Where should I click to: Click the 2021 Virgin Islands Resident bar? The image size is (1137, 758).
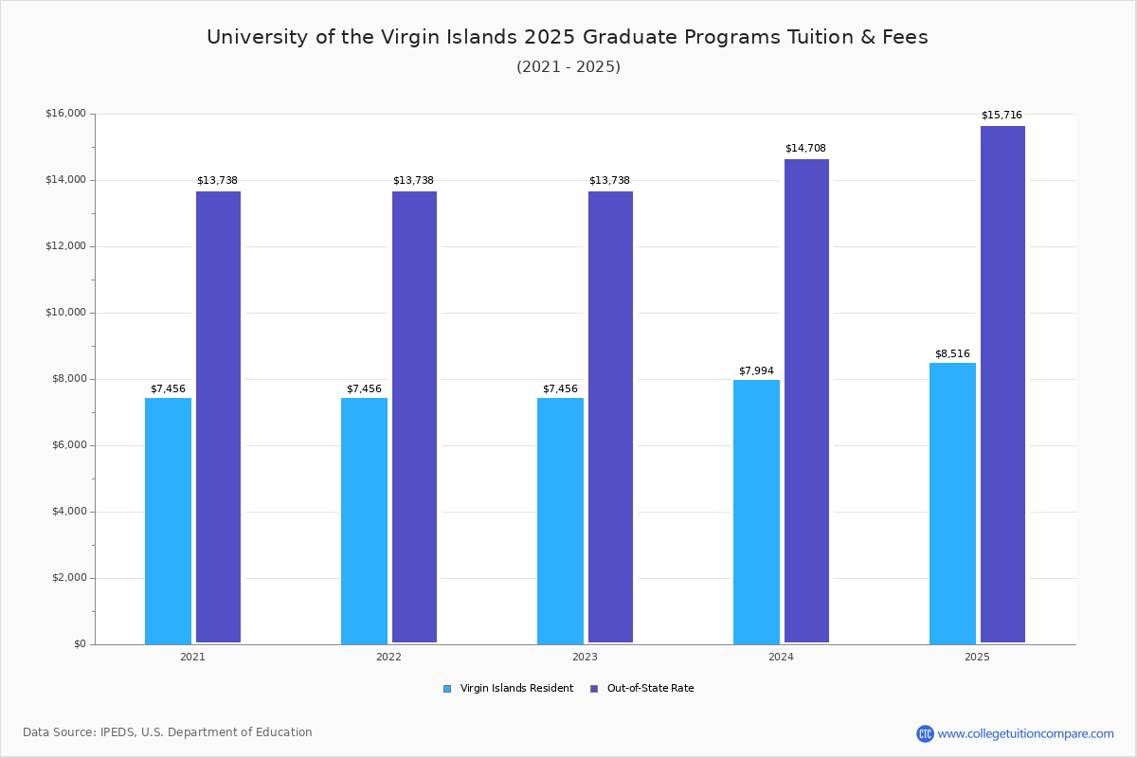click(168, 520)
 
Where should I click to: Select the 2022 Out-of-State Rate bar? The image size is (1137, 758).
click(414, 417)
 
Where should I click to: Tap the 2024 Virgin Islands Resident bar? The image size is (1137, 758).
click(756, 512)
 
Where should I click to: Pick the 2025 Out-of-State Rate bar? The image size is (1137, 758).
click(1002, 384)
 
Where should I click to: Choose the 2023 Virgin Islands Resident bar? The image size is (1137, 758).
click(560, 520)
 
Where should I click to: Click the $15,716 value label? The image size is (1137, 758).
click(1002, 116)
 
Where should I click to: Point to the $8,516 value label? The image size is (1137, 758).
click(952, 354)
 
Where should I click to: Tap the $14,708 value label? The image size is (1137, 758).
click(805, 149)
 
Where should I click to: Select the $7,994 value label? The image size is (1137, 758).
click(756, 371)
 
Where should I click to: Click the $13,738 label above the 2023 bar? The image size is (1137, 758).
click(609, 181)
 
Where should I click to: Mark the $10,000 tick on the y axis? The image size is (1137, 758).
click(65, 313)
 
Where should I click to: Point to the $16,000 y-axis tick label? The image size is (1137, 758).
click(65, 114)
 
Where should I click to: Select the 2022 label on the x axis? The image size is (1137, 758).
click(388, 657)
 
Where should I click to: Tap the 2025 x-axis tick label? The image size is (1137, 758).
click(977, 657)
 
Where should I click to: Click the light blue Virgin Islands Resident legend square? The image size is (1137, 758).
click(447, 689)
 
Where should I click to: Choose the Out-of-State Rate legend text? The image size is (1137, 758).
click(650, 689)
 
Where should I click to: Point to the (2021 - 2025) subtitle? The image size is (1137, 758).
click(568, 67)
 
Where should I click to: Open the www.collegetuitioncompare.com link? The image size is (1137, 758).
click(1025, 733)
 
